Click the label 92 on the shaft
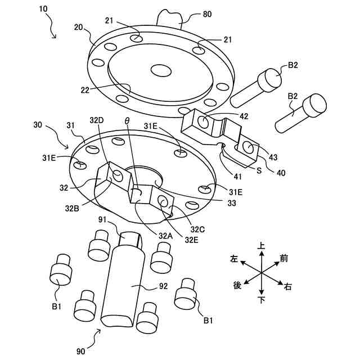pyautogui.click(x=163, y=286)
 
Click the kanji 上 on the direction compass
pyautogui.click(x=261, y=246)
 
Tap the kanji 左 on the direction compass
pyautogui.click(x=233, y=259)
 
